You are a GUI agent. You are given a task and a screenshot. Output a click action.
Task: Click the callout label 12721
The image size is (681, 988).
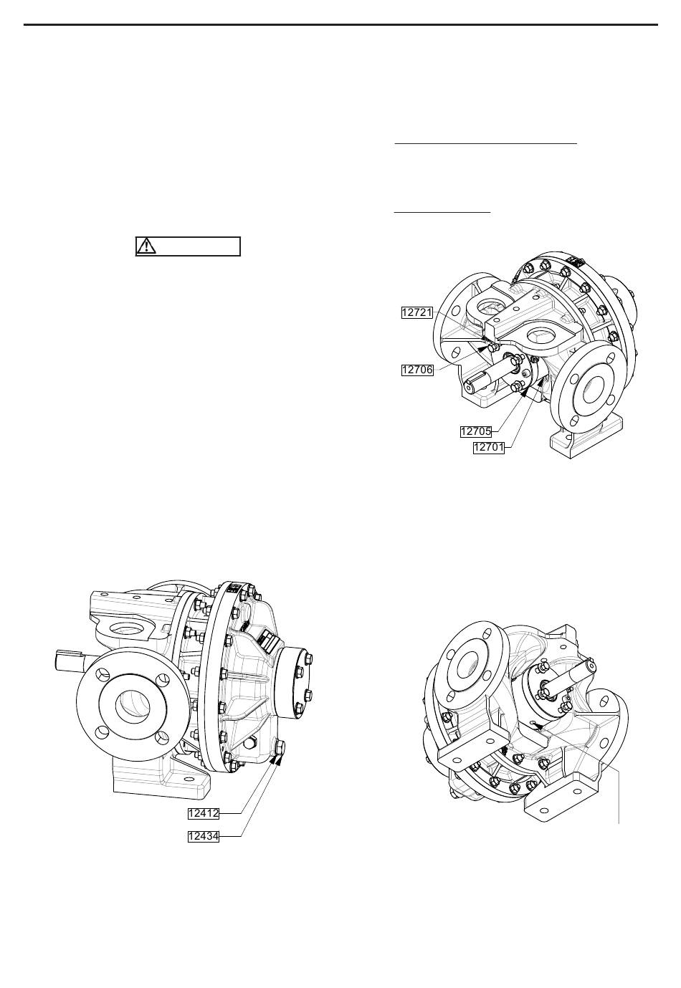pos(416,312)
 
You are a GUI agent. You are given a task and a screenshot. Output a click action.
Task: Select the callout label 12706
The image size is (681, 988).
pos(417,370)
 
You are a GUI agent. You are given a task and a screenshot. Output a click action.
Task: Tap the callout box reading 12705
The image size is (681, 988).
pos(476,431)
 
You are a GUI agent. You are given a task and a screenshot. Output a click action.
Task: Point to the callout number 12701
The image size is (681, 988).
pos(489,447)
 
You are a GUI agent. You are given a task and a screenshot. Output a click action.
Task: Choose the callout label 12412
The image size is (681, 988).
pos(204,813)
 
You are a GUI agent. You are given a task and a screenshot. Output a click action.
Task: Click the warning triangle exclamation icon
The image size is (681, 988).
pos(146,246)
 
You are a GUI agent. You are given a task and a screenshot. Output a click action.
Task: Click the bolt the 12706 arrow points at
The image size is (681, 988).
pos(493,350)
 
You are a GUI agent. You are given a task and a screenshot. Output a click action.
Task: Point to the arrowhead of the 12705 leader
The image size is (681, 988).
pos(523,391)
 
